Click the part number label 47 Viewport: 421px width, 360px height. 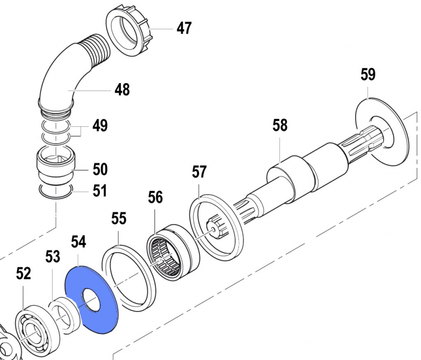[184, 28]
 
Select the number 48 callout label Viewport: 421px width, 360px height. [122, 90]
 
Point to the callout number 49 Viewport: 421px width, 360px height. [100, 126]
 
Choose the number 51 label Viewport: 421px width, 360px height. [100, 191]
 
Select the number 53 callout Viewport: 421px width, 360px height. [53, 257]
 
